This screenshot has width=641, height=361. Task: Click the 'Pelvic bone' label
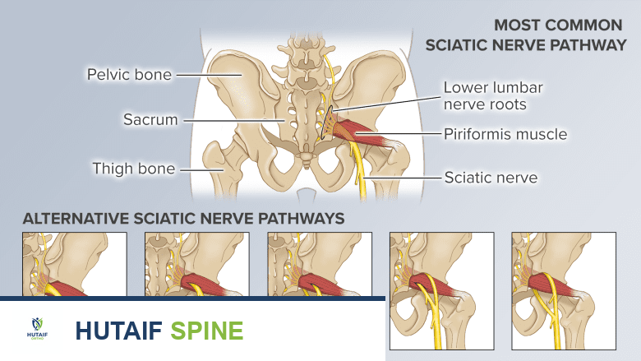click(129, 75)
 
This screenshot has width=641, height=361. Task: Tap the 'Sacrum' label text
click(150, 120)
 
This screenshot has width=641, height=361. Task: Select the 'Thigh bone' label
click(133, 169)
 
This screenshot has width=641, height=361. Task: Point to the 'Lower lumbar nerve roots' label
click(493, 95)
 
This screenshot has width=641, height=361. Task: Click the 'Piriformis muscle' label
click(505, 133)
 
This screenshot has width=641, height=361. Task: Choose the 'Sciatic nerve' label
click(491, 177)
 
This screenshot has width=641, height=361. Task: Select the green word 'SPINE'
click(207, 331)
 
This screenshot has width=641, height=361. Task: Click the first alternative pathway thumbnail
click(75, 263)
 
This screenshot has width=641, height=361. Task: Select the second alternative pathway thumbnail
click(196, 263)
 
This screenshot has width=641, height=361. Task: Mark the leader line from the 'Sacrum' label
click(232, 120)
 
